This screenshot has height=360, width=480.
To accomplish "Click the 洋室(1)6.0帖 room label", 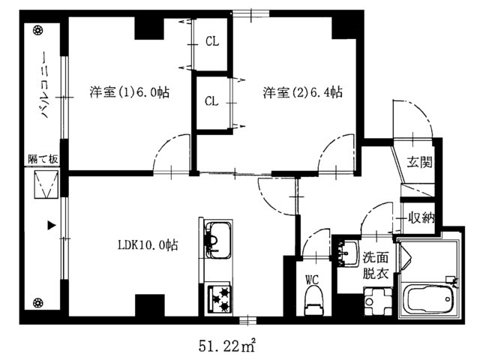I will (x=129, y=93).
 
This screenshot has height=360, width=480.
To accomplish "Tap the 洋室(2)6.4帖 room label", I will (x=302, y=93).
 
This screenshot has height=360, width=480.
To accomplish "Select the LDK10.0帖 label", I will (x=148, y=244).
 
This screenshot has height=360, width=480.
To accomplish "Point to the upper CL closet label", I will (x=211, y=42).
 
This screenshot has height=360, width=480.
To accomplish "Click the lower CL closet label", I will (x=211, y=101).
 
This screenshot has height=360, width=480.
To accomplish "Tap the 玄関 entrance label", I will (x=419, y=162).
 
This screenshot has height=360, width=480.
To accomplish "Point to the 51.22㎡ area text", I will (x=228, y=346).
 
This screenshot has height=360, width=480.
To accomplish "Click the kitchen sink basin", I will (x=216, y=239).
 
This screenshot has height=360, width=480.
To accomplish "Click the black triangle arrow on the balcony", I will (x=52, y=224).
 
